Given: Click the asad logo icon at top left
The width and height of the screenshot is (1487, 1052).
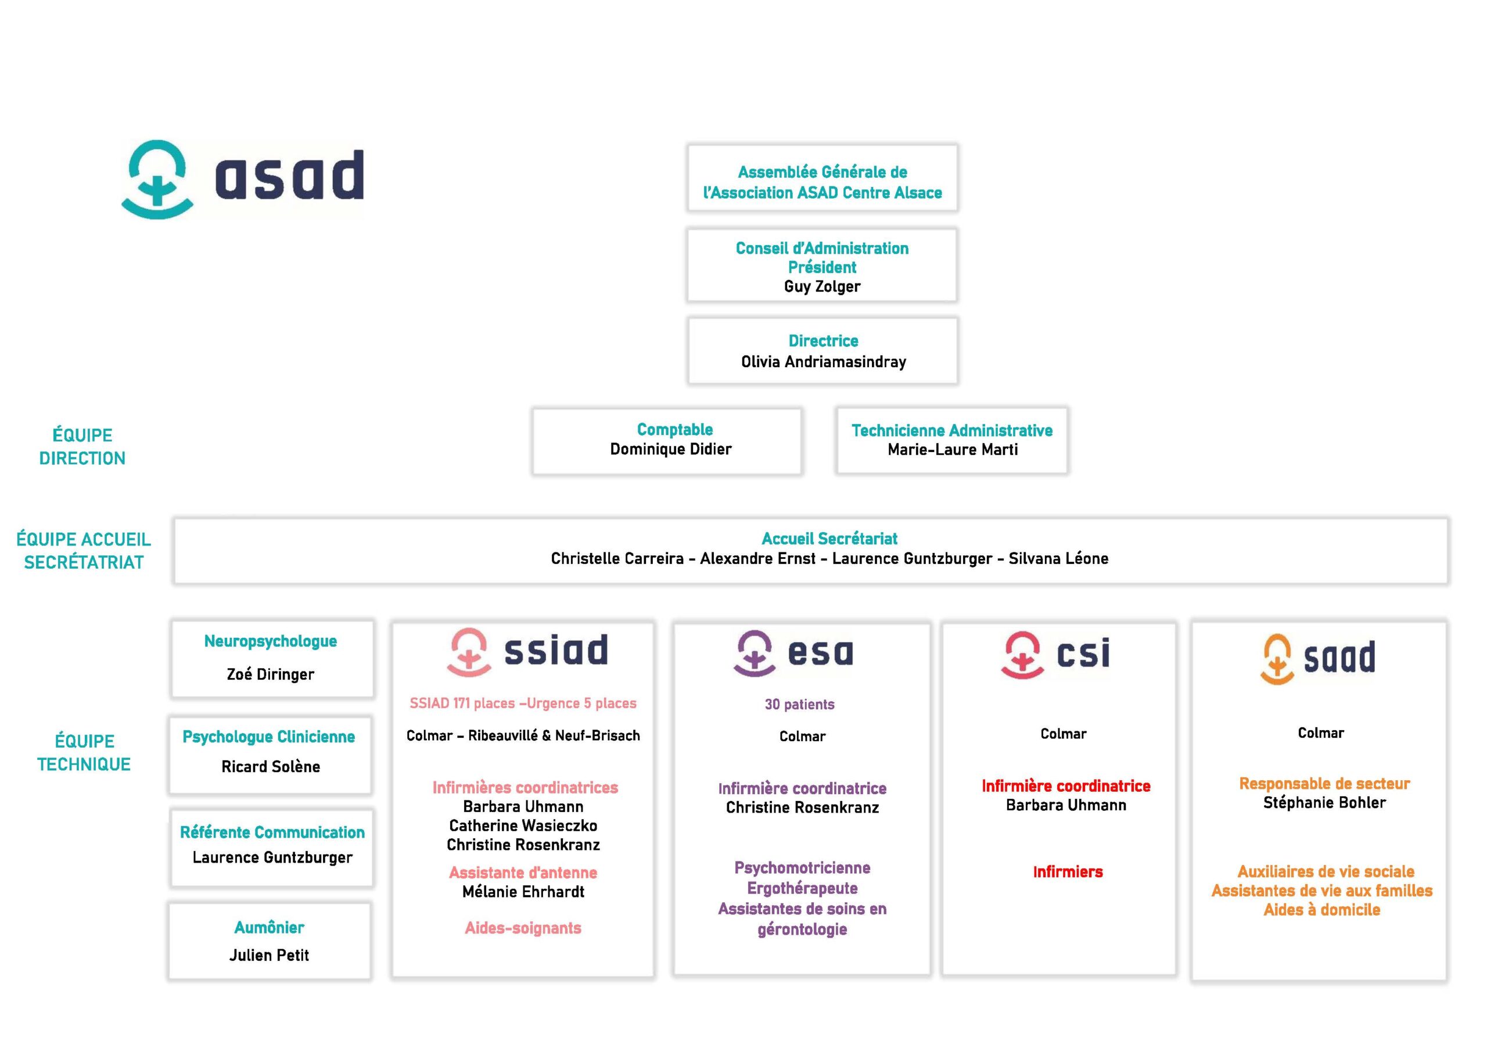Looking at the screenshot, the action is [157, 179].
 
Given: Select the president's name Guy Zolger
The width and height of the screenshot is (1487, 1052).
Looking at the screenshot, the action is [822, 286].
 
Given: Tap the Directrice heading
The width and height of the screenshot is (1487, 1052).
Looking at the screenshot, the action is [823, 341].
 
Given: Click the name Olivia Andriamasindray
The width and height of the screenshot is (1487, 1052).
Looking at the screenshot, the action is [823, 361].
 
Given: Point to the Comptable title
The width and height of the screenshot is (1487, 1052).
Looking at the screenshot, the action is [674, 429].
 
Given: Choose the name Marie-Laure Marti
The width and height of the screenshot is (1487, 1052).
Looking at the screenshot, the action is [952, 450].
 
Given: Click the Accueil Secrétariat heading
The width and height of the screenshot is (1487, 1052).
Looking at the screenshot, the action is [829, 538].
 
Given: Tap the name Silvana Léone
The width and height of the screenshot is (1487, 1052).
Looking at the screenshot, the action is [1058, 558].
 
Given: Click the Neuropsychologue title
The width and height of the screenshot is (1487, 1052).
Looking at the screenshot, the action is [270, 641].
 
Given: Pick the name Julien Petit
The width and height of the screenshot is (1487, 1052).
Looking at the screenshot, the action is [269, 955].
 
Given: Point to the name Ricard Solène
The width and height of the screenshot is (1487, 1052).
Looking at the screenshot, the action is [271, 766].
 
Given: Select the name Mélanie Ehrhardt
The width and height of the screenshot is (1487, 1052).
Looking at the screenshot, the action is [523, 892].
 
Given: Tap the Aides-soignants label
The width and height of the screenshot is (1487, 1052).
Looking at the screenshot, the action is [523, 928].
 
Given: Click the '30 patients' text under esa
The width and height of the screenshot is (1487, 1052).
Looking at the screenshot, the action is [799, 704].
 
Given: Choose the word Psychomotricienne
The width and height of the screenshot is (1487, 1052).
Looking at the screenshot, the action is [802, 867].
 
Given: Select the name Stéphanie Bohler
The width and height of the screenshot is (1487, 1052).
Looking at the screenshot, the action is [1324, 803].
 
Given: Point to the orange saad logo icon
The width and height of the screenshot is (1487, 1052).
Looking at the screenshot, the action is [1277, 659].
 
